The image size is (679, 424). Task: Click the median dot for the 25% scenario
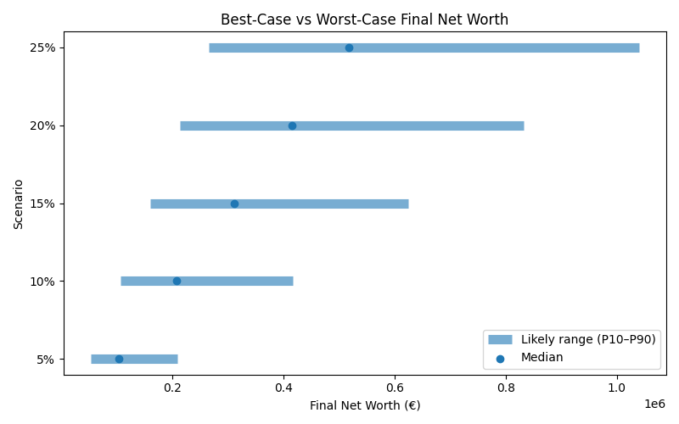click(349, 47)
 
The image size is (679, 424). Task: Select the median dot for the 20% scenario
click(292, 126)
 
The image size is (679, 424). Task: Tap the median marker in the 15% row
click(234, 204)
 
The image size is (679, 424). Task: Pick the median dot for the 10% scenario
click(177, 281)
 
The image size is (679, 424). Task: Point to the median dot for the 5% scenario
click(119, 359)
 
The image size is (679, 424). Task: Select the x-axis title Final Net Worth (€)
click(365, 405)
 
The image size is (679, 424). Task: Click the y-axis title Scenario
click(19, 204)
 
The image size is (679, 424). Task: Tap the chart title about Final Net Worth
click(365, 20)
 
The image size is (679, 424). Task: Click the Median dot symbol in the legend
click(500, 358)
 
